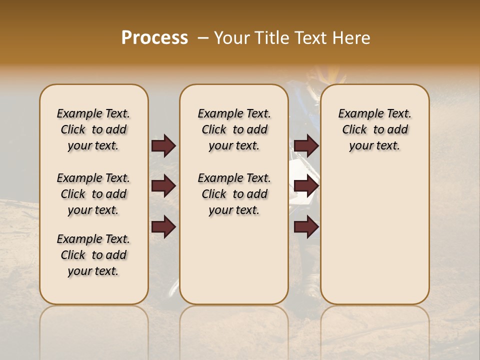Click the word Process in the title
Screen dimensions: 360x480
tap(154, 38)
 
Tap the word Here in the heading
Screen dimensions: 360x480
tap(351, 38)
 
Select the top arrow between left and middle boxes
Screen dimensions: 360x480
tap(163, 145)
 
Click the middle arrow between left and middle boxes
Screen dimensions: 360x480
tap(163, 186)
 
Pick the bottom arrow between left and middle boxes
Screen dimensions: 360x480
tap(163, 227)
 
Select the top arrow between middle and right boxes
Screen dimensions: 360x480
tap(306, 145)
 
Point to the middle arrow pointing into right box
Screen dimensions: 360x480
tap(306, 186)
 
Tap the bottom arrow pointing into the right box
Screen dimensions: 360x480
tap(306, 227)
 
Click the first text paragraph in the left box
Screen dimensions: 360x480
tap(93, 129)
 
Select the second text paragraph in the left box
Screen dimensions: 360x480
tap(93, 194)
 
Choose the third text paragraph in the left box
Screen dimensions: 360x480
tap(93, 255)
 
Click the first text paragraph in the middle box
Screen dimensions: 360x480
tap(234, 129)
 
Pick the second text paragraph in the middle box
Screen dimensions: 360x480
tap(234, 194)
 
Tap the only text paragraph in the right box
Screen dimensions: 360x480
tap(374, 129)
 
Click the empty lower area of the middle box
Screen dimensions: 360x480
tap(234, 260)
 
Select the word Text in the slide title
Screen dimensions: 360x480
tap(310, 38)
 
